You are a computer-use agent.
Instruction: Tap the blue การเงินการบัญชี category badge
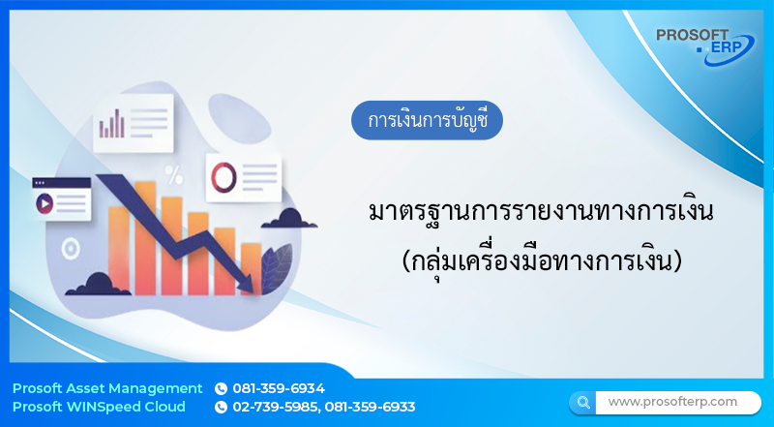click(427, 122)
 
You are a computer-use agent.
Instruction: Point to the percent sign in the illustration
click(174, 174)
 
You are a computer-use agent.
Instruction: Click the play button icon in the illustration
click(44, 204)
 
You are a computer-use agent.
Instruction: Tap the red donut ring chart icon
click(224, 176)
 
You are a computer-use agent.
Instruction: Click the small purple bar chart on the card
click(112, 123)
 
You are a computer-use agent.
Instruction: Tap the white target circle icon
click(69, 249)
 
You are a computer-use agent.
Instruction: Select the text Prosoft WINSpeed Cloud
click(99, 407)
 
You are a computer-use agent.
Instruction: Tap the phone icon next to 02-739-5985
click(221, 407)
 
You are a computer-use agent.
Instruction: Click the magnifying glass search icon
click(582, 401)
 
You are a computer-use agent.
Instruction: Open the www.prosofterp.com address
click(672, 401)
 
